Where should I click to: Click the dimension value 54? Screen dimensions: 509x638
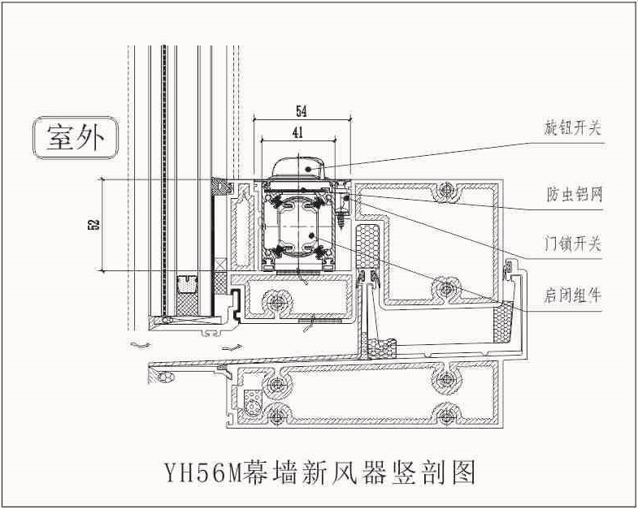(x=301, y=110)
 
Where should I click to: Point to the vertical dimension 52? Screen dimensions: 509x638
(x=92, y=223)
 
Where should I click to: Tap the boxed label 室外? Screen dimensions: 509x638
(x=75, y=138)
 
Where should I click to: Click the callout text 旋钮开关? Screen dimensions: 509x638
(x=573, y=127)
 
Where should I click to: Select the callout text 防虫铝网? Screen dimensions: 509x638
(x=573, y=195)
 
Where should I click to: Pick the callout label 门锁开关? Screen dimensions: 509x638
(x=573, y=244)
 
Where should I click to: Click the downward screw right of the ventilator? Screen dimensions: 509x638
(x=343, y=216)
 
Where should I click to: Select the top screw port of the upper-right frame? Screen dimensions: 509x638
(x=444, y=192)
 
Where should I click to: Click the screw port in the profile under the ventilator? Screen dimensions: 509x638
(x=275, y=302)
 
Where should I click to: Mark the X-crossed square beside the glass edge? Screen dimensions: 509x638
(x=221, y=265)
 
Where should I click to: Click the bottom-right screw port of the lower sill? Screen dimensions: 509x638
(x=444, y=411)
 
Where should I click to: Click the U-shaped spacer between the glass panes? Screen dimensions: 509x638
(x=188, y=284)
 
